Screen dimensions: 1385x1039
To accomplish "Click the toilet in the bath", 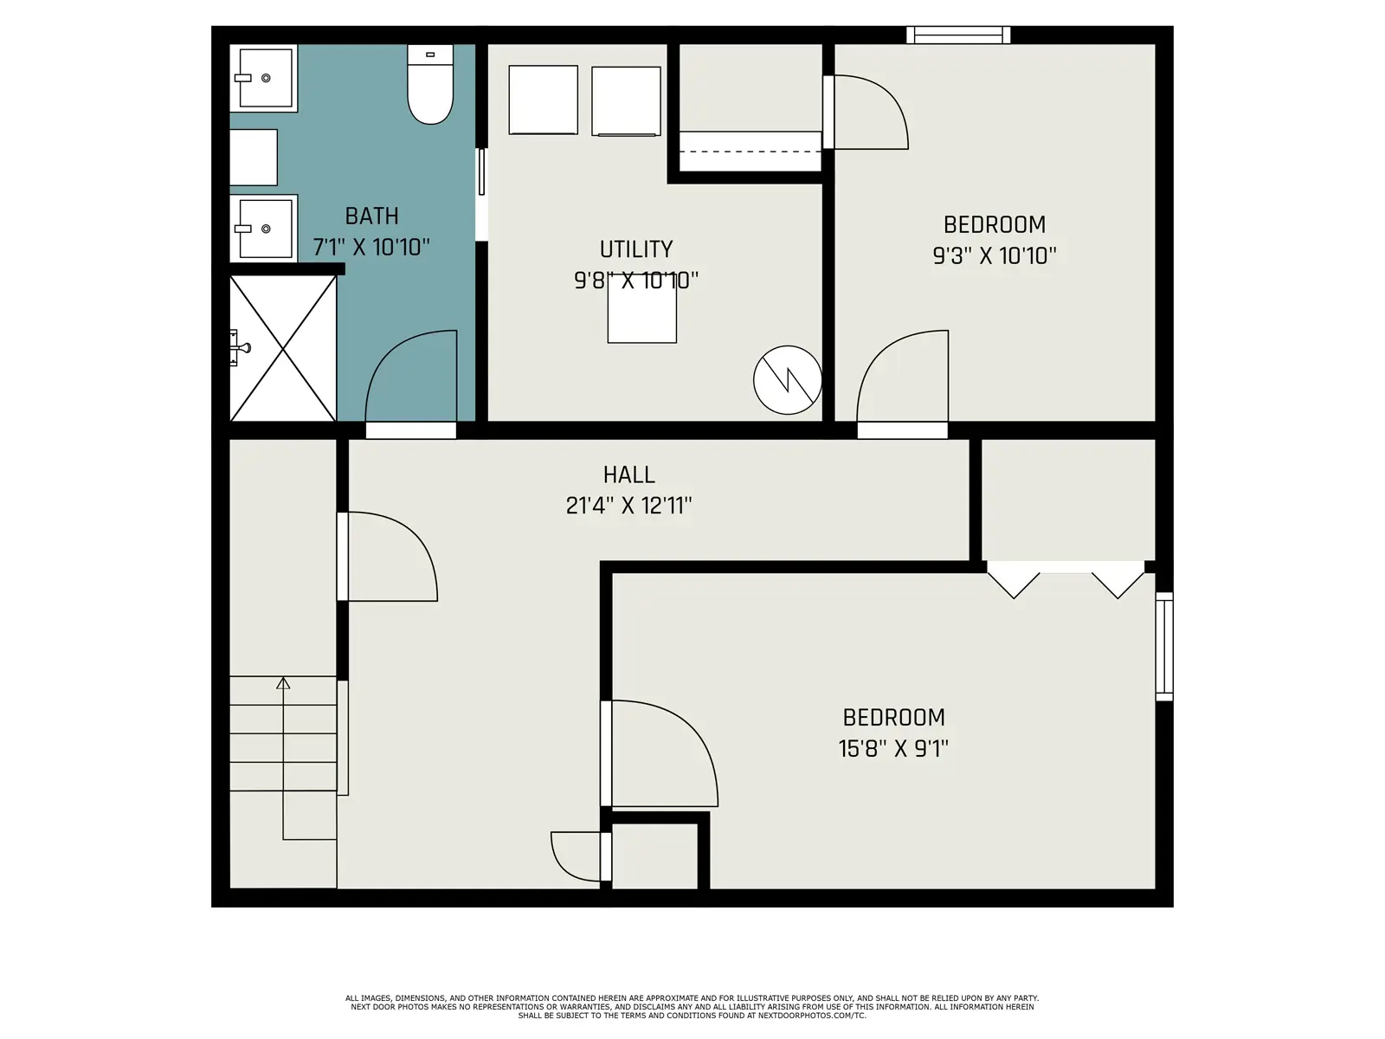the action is point(429,85).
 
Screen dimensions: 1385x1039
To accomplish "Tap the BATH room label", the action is point(371,216).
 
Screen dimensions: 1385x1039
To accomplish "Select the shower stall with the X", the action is point(283,348).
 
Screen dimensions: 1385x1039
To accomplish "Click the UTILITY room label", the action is point(636,249).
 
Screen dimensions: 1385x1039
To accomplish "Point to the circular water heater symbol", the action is point(788,380).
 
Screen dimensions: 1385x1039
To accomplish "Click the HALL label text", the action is point(628,474).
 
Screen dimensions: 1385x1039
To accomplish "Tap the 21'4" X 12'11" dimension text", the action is point(628,506).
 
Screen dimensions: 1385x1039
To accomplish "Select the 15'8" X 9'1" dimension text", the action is point(893,749).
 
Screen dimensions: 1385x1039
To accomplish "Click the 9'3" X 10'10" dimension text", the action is point(995,255).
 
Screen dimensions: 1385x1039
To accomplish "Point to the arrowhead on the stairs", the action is point(283,683).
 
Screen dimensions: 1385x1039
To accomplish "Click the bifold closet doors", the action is point(1066,580).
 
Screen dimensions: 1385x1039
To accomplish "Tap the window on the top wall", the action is point(958,35).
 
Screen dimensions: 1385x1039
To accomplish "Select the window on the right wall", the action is point(1164,646).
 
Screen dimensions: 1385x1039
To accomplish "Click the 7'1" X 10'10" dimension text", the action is point(371,247).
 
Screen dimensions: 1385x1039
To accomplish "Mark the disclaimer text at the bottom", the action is point(692,1007).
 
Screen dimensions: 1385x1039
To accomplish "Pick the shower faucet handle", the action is point(240,347).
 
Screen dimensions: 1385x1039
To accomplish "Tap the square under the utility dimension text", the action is point(641,309).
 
